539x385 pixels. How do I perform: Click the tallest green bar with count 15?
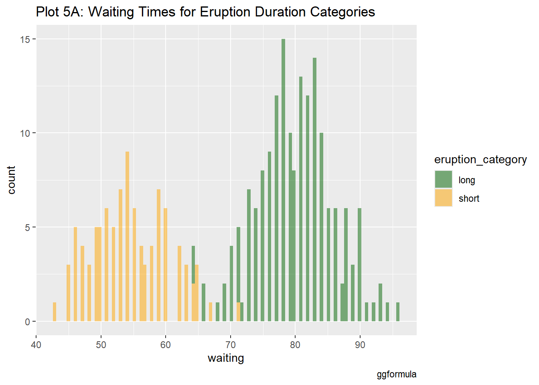(x=283, y=180)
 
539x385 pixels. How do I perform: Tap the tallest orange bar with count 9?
(x=127, y=237)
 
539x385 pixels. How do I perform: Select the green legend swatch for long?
(x=443, y=179)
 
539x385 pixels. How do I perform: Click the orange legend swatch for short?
(x=443, y=198)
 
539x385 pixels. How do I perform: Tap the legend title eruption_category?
(x=480, y=160)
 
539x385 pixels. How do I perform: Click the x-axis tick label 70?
(x=231, y=345)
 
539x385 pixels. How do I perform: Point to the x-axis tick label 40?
(x=36, y=345)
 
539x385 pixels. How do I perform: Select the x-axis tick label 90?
(x=360, y=345)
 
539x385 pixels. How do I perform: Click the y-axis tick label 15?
(x=25, y=39)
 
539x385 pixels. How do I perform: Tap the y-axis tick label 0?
(x=28, y=322)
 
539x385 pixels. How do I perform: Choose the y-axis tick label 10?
(x=25, y=133)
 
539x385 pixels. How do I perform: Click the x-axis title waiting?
(x=226, y=358)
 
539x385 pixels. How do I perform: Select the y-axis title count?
(x=11, y=180)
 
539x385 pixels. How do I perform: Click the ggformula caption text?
(x=396, y=375)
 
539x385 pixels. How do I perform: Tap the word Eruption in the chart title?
(x=222, y=12)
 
